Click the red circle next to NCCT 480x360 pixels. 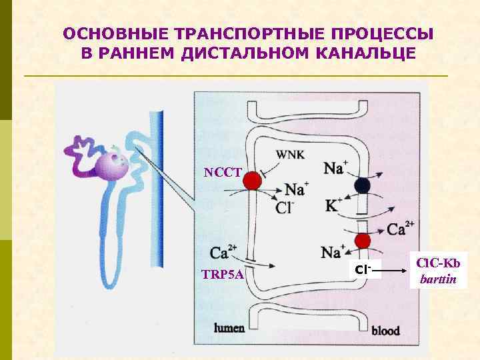click(251, 181)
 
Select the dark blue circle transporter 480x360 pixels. click(362, 186)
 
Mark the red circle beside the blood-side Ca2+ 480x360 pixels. click(362, 240)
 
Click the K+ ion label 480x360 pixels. click(333, 205)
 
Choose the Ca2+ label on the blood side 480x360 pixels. click(401, 229)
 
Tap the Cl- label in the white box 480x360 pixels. click(363, 270)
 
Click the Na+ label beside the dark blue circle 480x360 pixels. click(335, 167)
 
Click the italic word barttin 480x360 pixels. click(438, 279)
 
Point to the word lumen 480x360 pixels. click(229, 327)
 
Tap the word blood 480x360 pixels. click(385, 330)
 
